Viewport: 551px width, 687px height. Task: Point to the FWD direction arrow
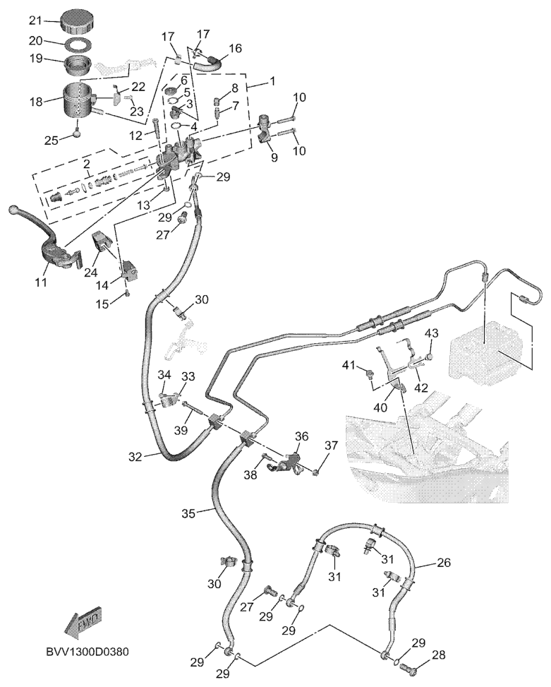click(x=83, y=621)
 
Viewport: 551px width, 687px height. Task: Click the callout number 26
click(x=443, y=563)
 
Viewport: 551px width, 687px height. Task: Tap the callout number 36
click(x=301, y=437)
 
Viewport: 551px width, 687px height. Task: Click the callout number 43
click(x=430, y=333)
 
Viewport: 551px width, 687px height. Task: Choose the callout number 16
click(x=235, y=48)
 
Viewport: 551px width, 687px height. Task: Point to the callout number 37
click(x=331, y=446)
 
